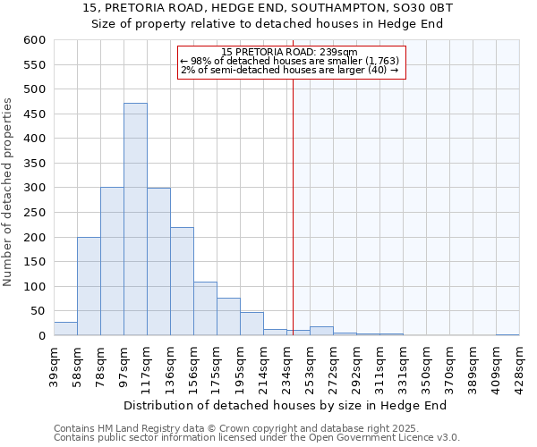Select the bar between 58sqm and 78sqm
pyautogui.click(x=89, y=286)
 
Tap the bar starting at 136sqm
pyautogui.click(x=182, y=282)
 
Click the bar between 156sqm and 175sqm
pyautogui.click(x=205, y=308)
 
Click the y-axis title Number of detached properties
pyautogui.click(x=9, y=192)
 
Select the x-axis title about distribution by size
pyautogui.click(x=285, y=405)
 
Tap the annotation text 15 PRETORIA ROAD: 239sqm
pyautogui.click(x=289, y=52)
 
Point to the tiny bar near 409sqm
pyautogui.click(x=507, y=334)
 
